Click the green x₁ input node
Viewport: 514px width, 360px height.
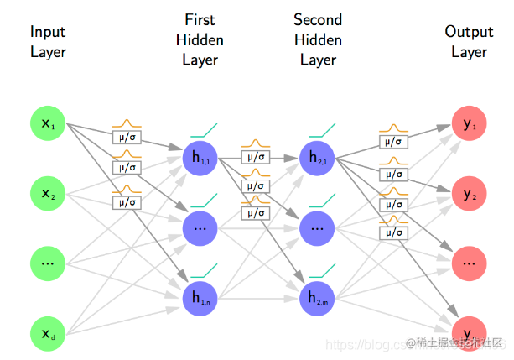coord(47,126)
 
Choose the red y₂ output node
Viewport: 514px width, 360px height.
coord(469,194)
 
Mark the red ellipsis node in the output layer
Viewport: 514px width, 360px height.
coord(469,263)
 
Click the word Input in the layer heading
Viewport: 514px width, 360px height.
coord(48,32)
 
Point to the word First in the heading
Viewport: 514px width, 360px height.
coord(200,18)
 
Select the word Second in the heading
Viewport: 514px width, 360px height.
coord(318,18)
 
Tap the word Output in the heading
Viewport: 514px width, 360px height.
coord(469,32)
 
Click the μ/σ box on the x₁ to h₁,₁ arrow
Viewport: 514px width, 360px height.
coord(127,136)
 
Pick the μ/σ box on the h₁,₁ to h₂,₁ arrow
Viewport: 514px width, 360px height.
coord(256,156)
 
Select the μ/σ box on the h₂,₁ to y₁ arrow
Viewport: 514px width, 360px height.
coord(392,141)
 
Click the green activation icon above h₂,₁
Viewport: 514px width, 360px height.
coord(322,130)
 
